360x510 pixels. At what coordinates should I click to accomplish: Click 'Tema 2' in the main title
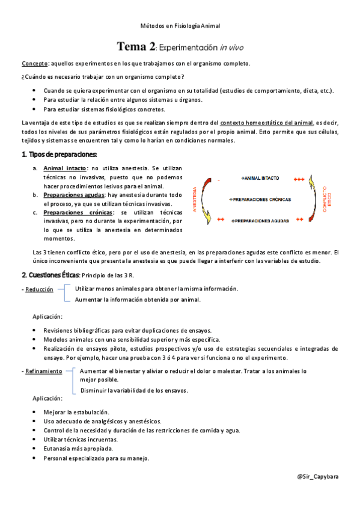136,46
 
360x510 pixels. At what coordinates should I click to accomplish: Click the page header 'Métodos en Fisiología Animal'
180,26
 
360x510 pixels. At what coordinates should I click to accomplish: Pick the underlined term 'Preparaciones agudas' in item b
73,195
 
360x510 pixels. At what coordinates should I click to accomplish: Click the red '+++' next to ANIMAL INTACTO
299,179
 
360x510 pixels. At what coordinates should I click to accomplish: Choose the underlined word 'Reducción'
40,290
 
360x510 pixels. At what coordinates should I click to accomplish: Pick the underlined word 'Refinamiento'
43,372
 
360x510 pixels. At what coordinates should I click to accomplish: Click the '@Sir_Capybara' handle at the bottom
317,476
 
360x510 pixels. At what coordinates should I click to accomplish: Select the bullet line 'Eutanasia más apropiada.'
78,449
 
